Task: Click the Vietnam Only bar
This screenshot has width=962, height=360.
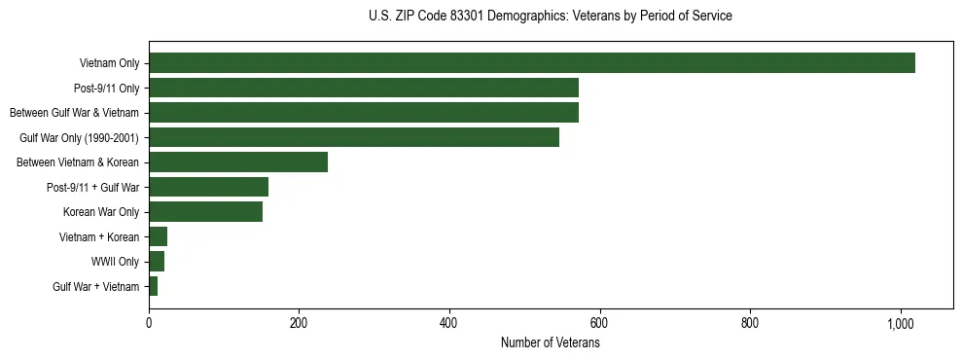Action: tap(531, 63)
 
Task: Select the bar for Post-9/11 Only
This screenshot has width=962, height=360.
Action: tap(363, 88)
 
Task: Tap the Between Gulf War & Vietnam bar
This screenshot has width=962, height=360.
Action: tap(363, 113)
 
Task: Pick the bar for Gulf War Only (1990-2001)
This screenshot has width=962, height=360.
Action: tap(353, 137)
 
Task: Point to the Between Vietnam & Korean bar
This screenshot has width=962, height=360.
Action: tap(238, 162)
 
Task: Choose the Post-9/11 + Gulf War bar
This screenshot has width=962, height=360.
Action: tap(208, 187)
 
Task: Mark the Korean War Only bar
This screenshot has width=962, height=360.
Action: tap(205, 211)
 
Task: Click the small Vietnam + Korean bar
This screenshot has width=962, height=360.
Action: tap(158, 236)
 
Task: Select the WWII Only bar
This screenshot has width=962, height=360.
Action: tap(157, 261)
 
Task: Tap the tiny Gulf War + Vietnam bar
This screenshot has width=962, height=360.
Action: tap(153, 286)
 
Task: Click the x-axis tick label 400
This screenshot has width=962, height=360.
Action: tap(449, 322)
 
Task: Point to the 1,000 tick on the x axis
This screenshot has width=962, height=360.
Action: tap(901, 322)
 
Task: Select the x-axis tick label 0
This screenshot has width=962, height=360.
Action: tap(149, 322)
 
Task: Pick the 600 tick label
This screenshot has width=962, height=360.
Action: tap(599, 322)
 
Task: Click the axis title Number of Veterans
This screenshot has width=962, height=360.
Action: tap(550, 342)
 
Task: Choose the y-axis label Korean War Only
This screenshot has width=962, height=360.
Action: tap(101, 212)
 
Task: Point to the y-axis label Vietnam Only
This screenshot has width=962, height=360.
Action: tap(109, 64)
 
